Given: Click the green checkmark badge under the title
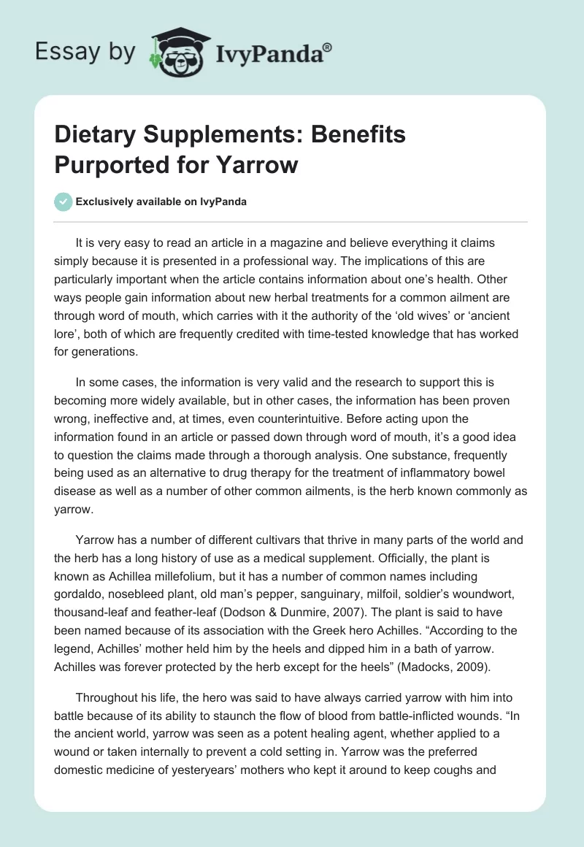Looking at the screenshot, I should coord(64,202).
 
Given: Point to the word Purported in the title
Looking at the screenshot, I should coord(109,164).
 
